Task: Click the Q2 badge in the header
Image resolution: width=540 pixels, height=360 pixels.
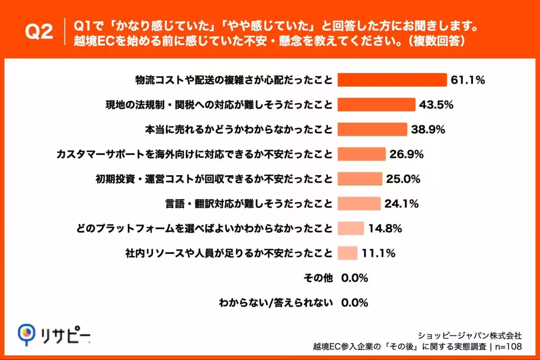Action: click(x=38, y=32)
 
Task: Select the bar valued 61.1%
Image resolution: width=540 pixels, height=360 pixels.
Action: click(x=392, y=80)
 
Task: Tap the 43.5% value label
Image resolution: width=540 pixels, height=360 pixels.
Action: click(x=436, y=105)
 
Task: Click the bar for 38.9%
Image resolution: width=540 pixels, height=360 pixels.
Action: click(x=372, y=130)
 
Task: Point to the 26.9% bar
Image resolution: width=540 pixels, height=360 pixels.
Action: click(x=361, y=154)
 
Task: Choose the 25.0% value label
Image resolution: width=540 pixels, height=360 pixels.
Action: click(x=403, y=179)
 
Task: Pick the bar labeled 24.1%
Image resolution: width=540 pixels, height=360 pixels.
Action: click(x=359, y=204)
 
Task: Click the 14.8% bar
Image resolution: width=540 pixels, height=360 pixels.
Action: click(x=351, y=229)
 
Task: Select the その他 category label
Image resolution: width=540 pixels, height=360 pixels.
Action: click(x=318, y=278)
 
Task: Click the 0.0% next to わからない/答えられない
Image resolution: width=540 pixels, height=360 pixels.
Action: click(x=355, y=303)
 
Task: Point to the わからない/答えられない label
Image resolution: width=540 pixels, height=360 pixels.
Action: click(x=275, y=303)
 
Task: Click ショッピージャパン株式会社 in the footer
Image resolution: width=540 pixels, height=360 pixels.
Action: click(x=470, y=336)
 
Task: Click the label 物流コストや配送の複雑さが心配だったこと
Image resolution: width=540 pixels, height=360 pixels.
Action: click(x=234, y=80)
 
